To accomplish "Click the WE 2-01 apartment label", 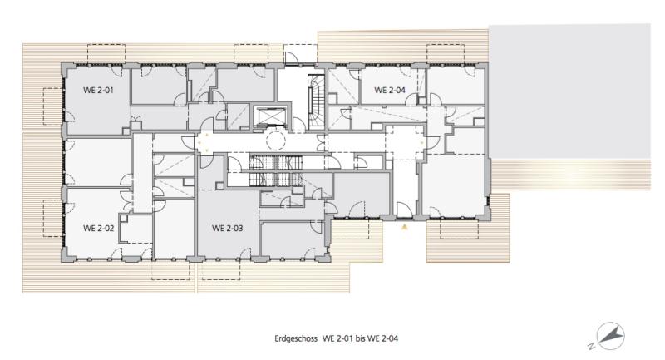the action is tap(98, 90).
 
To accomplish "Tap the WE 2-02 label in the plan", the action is tap(98, 228).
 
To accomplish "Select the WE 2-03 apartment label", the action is tap(227, 228).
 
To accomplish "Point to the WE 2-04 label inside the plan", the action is tap(390, 90).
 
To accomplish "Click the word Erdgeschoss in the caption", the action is tap(296, 338).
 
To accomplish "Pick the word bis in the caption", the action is tap(360, 338).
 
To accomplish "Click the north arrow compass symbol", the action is tap(611, 336).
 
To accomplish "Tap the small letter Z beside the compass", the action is tap(591, 346).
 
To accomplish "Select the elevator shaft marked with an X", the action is tap(269, 116).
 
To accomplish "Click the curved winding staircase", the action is tap(316, 102).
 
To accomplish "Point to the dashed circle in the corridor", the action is tap(276, 140).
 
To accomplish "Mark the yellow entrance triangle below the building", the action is tap(405, 227).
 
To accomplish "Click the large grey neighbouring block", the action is tap(570, 91).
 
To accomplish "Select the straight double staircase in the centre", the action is tap(276, 171).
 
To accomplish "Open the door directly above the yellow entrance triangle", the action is tap(403, 210).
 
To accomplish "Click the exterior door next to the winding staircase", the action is tap(293, 58).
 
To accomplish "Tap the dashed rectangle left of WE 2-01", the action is tap(53, 106).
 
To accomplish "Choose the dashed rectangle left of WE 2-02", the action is tap(53, 218).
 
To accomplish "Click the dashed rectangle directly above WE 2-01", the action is tap(106, 53).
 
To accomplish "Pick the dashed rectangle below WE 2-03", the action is tap(221, 269).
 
